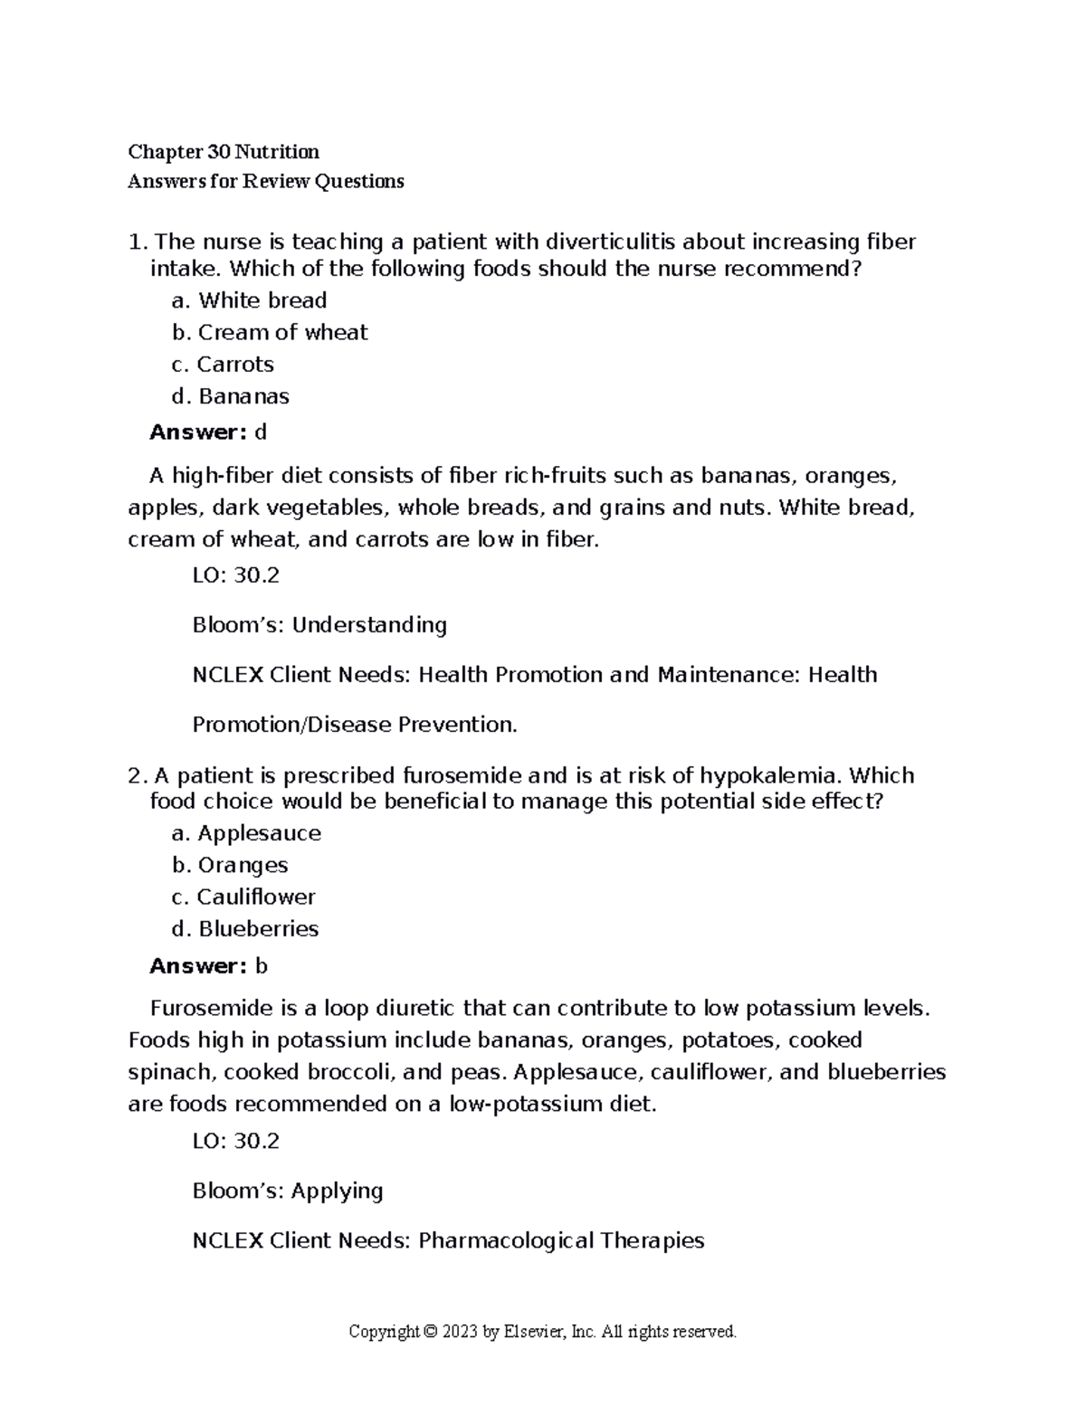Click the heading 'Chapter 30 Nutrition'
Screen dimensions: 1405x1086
(x=224, y=151)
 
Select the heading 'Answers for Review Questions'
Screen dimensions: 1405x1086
(x=266, y=181)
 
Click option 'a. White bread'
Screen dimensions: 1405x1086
(x=249, y=300)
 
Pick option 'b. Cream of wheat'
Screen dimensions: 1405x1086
(x=270, y=332)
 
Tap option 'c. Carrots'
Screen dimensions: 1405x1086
(x=223, y=364)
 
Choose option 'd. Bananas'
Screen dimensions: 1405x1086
(x=231, y=396)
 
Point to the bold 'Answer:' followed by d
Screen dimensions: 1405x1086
(x=197, y=432)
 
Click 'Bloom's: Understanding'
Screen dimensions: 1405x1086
(x=319, y=625)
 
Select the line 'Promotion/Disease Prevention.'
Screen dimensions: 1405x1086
(x=355, y=725)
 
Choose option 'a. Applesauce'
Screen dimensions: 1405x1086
(x=246, y=833)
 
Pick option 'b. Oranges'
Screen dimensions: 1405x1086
(x=230, y=865)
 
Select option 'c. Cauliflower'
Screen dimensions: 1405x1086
(x=243, y=897)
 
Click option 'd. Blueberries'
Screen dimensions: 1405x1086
(x=245, y=929)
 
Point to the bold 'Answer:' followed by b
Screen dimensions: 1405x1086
(x=197, y=966)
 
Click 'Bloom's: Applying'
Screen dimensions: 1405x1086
(x=288, y=1191)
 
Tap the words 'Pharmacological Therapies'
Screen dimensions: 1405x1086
(x=561, y=1240)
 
